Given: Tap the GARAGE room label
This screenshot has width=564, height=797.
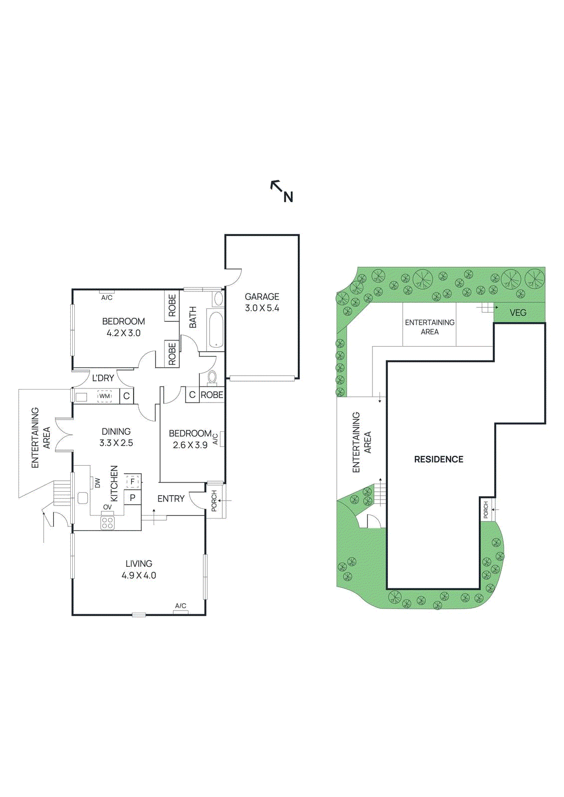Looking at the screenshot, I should tap(262, 296).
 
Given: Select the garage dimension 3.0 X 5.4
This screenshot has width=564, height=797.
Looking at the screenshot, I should tap(262, 308).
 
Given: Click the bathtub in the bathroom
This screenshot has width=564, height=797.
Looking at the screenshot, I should tap(215, 329).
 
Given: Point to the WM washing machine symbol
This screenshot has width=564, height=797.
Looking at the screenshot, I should tap(104, 397).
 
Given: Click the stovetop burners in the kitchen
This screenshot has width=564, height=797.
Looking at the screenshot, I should tap(107, 523).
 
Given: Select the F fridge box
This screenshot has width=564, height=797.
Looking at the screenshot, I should tap(132, 482).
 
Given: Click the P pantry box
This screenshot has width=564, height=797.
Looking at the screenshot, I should tap(132, 498).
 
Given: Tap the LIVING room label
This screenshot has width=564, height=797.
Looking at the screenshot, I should tap(139, 563).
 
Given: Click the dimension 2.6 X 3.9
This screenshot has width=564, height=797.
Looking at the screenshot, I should tap(190, 445).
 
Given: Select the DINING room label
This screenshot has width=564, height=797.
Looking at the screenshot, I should tap(116, 431).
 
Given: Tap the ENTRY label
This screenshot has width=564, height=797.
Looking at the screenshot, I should tap(171, 499).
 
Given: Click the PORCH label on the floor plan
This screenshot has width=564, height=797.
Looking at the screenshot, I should tap(214, 501).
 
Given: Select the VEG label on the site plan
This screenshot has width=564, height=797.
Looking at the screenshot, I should tap(518, 313).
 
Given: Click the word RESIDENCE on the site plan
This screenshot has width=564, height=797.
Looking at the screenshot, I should tap(438, 459).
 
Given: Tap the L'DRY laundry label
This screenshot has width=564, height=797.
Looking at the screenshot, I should tap(103, 378).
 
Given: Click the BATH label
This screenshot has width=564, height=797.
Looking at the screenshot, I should tap(193, 317).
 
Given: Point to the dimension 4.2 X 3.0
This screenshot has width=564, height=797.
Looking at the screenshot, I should tap(124, 333).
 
